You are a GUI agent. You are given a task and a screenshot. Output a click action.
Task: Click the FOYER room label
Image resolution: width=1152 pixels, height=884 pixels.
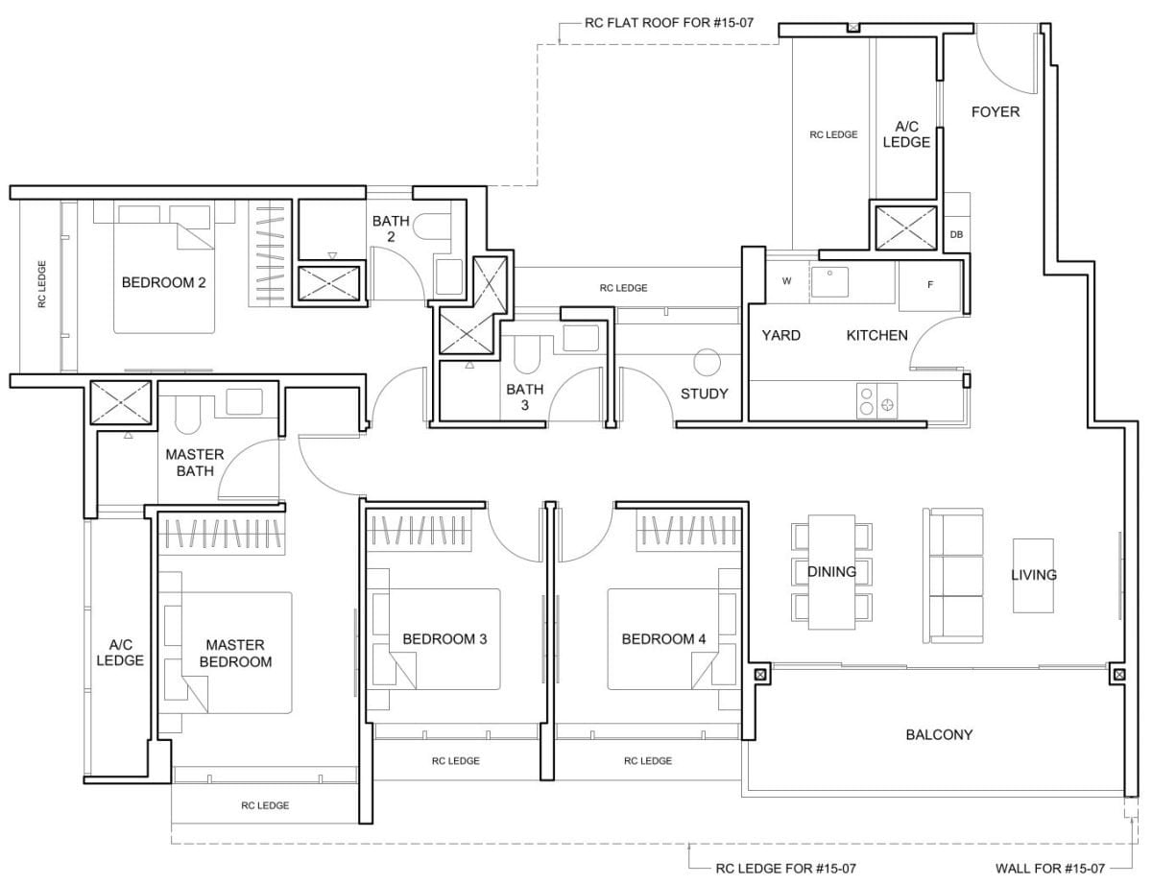[995, 112]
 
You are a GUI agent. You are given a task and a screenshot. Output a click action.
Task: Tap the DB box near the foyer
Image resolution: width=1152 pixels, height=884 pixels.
[956, 234]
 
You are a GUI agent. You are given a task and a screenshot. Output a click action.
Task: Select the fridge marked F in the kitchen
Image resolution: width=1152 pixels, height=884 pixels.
[929, 285]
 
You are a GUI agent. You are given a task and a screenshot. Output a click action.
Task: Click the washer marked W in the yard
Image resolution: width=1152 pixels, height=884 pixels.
[786, 281]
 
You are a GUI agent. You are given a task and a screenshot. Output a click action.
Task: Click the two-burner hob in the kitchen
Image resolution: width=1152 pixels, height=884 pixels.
[876, 401]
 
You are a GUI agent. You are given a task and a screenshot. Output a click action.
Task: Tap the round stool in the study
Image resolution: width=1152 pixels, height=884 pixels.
[707, 362]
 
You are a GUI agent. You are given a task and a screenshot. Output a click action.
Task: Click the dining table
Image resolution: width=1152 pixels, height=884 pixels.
[831, 572]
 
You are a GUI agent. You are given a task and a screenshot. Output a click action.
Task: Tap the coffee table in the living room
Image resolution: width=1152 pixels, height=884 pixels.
[1033, 574]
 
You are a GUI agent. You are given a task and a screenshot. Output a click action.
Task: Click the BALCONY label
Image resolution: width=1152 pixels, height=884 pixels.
[939, 735]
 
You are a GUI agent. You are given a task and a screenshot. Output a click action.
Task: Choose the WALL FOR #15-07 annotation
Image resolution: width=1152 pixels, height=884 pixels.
[1049, 869]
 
